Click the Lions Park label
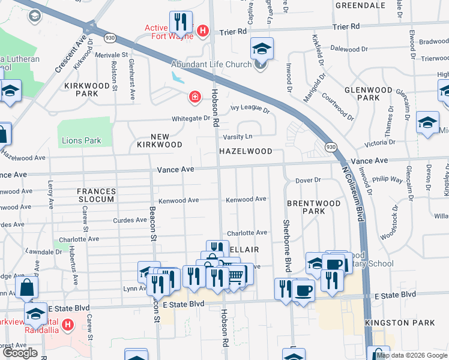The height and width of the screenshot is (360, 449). click(x=82, y=141)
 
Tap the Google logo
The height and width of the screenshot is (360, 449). click(x=19, y=353)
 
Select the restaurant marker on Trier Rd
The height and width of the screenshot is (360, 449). click(x=181, y=23)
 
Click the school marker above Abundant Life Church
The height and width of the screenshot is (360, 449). click(x=262, y=49)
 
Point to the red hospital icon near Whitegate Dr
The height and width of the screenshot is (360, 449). click(x=194, y=97)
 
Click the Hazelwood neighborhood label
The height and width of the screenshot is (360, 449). click(x=246, y=151)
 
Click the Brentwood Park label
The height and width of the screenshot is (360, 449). click(x=313, y=207)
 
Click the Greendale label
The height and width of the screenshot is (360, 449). click(x=360, y=5)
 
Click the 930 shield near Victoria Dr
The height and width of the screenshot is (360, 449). click(x=331, y=146)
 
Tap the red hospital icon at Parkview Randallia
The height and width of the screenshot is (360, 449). click(x=68, y=326)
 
